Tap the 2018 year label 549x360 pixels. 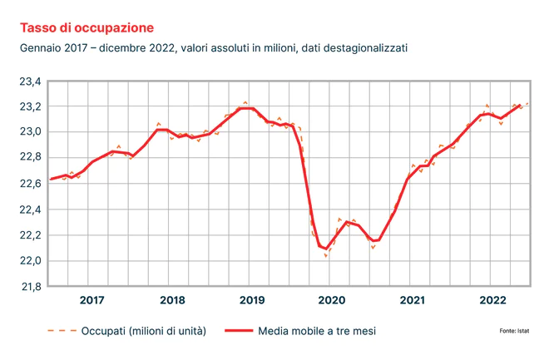tap(172, 300)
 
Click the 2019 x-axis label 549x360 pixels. tap(252, 300)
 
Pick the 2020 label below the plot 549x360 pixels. tap(332, 300)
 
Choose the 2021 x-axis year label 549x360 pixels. tap(413, 300)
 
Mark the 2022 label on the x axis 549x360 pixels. tap(492, 300)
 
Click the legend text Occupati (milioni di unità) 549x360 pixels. tap(143, 331)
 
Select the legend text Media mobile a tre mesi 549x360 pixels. tap(316, 331)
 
